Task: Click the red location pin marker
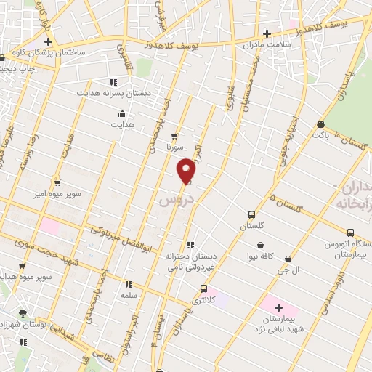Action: tap(187, 170)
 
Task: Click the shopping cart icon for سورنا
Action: tap(174, 136)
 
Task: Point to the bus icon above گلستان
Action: tap(251, 214)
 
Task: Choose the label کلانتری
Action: tap(203, 300)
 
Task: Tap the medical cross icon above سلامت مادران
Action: tap(267, 33)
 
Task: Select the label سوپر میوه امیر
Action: tap(46, 195)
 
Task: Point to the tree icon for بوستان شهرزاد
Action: tap(23, 313)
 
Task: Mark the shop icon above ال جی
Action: tap(289, 259)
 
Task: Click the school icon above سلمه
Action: tap(129, 284)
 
